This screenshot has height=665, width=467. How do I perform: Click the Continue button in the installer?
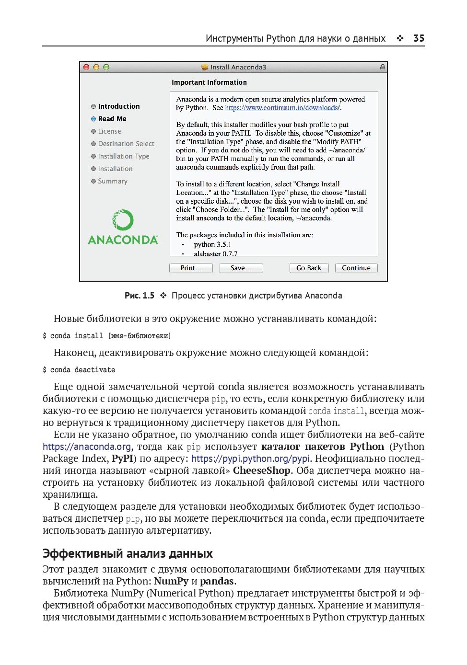click(356, 268)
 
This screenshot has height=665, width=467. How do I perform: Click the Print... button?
click(191, 268)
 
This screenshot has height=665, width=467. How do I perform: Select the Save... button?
click(241, 268)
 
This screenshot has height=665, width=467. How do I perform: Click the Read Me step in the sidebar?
click(112, 119)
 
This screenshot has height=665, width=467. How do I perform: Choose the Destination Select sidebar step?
click(126, 144)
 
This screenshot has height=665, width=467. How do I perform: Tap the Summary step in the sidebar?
click(113, 181)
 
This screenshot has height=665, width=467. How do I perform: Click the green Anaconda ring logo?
click(123, 220)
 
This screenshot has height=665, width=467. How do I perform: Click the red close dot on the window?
click(86, 68)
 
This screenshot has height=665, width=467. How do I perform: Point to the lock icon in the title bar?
click(382, 67)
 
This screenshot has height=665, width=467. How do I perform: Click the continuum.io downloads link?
click(282, 108)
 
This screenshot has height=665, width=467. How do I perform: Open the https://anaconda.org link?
click(87, 447)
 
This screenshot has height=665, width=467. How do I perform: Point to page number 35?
click(419, 38)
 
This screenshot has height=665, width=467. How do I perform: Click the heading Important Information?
click(209, 82)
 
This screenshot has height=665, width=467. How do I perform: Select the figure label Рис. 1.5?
click(140, 296)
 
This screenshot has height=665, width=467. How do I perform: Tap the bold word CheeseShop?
click(261, 470)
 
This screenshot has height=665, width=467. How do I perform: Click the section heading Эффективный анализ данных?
click(128, 554)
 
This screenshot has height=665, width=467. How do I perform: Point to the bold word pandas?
click(217, 581)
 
